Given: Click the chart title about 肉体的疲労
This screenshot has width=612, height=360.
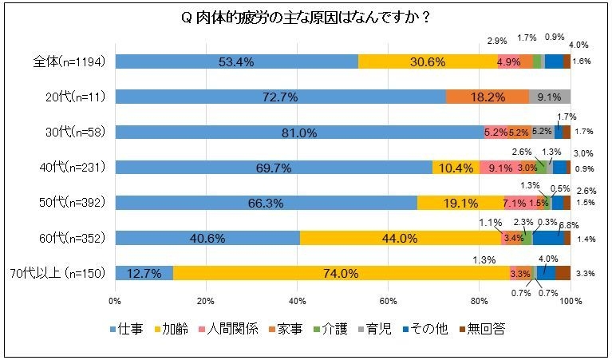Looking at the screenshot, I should [x=306, y=18].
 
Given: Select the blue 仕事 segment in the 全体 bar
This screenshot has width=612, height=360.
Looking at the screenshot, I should [x=236, y=62].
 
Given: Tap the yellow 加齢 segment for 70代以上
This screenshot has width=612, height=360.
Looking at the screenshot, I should [x=341, y=273].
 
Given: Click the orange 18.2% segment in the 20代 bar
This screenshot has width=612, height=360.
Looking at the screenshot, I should [x=487, y=97].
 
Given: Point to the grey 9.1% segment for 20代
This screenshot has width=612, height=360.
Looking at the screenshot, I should [x=550, y=97].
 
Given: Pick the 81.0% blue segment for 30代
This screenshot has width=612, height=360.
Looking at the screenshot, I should [x=299, y=133].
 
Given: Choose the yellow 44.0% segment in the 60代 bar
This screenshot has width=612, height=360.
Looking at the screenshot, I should [x=400, y=238].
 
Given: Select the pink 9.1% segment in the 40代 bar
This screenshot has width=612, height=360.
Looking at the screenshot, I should [x=496, y=168].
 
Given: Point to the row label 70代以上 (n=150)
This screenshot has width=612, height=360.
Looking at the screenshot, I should [x=67, y=273].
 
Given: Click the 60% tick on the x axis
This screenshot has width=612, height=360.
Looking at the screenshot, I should [x=388, y=301].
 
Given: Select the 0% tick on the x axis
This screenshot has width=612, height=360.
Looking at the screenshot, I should [x=115, y=301].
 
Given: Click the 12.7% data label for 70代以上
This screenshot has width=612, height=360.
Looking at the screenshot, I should [x=144, y=273].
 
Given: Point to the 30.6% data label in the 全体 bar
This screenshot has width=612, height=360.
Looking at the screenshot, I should [x=428, y=62].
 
